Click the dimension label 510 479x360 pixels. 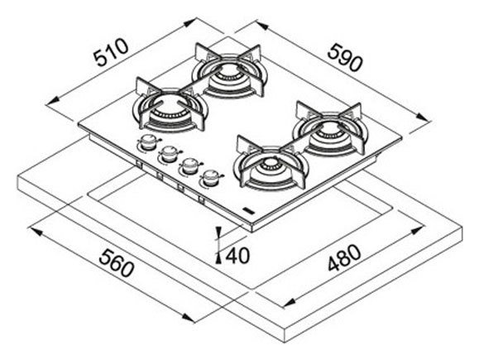pyautogui.click(x=111, y=52)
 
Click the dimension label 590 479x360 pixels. pyautogui.click(x=345, y=57)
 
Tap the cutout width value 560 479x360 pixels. pyautogui.click(x=117, y=262)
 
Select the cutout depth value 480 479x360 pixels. pyautogui.click(x=344, y=257)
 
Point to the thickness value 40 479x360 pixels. pyautogui.click(x=237, y=256)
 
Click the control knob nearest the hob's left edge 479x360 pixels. pyautogui.click(x=148, y=142)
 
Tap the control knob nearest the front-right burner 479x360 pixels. pyautogui.click(x=211, y=178)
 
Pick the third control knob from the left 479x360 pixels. pyautogui.click(x=190, y=166)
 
